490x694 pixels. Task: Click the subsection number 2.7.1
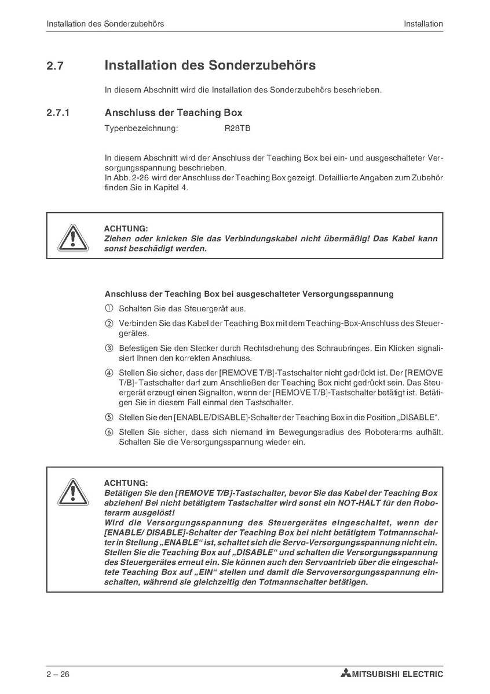tap(58, 113)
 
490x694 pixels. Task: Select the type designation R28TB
tap(237, 128)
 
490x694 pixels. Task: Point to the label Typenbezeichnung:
tap(141, 128)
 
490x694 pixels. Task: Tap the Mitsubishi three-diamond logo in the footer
tap(346, 674)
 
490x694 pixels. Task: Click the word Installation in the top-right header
tap(423, 24)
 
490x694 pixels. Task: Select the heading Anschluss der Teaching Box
tap(173, 113)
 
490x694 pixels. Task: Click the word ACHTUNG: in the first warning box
tap(126, 229)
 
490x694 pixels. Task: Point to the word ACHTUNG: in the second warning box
tap(126, 483)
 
